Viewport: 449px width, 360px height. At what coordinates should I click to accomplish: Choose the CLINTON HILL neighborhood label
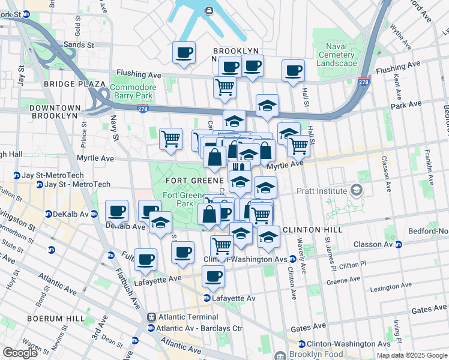[x=312, y=230]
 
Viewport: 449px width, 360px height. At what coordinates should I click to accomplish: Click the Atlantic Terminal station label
[x=188, y=317]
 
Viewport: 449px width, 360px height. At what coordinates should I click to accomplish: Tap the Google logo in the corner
[x=20, y=353]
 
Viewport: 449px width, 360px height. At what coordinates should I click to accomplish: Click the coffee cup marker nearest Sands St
[x=184, y=52]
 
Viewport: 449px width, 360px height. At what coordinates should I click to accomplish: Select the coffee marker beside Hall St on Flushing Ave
[x=293, y=70]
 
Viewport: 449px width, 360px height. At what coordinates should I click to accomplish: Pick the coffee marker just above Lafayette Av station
[x=212, y=276]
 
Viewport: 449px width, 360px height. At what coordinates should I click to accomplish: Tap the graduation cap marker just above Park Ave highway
[x=267, y=106]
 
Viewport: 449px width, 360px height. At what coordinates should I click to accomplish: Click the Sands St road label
[x=79, y=44]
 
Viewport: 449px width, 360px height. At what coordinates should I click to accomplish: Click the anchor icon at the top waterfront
[x=208, y=10]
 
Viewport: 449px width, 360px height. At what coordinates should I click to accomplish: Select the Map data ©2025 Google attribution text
[x=411, y=355]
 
